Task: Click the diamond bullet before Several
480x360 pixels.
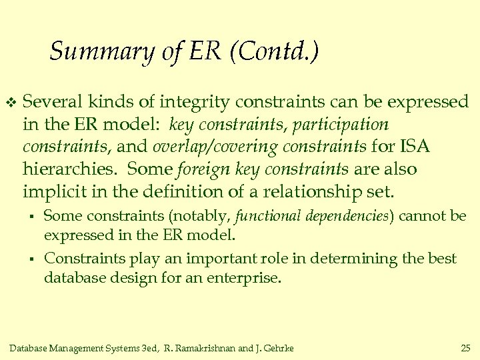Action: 9,103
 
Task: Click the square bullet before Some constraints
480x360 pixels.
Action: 31,216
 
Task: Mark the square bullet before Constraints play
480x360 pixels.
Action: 31,259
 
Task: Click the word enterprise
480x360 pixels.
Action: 246,277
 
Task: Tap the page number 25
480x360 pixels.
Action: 465,347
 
